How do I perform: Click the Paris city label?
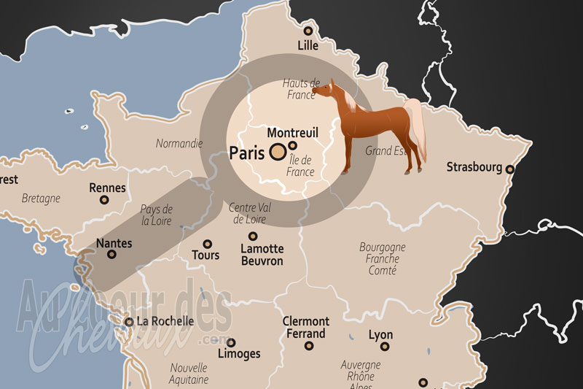point(246,153)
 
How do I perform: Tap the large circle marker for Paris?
point(278,153)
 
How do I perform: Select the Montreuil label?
point(293,133)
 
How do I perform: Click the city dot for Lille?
point(308,31)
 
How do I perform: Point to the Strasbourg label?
point(474,167)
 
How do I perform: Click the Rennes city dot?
point(104,200)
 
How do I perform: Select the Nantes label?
point(114,242)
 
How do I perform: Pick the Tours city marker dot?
point(207,244)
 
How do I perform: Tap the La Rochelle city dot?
point(129,321)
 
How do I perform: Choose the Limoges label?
point(239,354)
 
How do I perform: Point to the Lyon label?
point(380,336)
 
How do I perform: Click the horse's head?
point(323,90)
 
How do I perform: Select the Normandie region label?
point(179,144)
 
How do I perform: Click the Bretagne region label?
point(41,198)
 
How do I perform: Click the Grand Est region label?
point(385,151)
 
